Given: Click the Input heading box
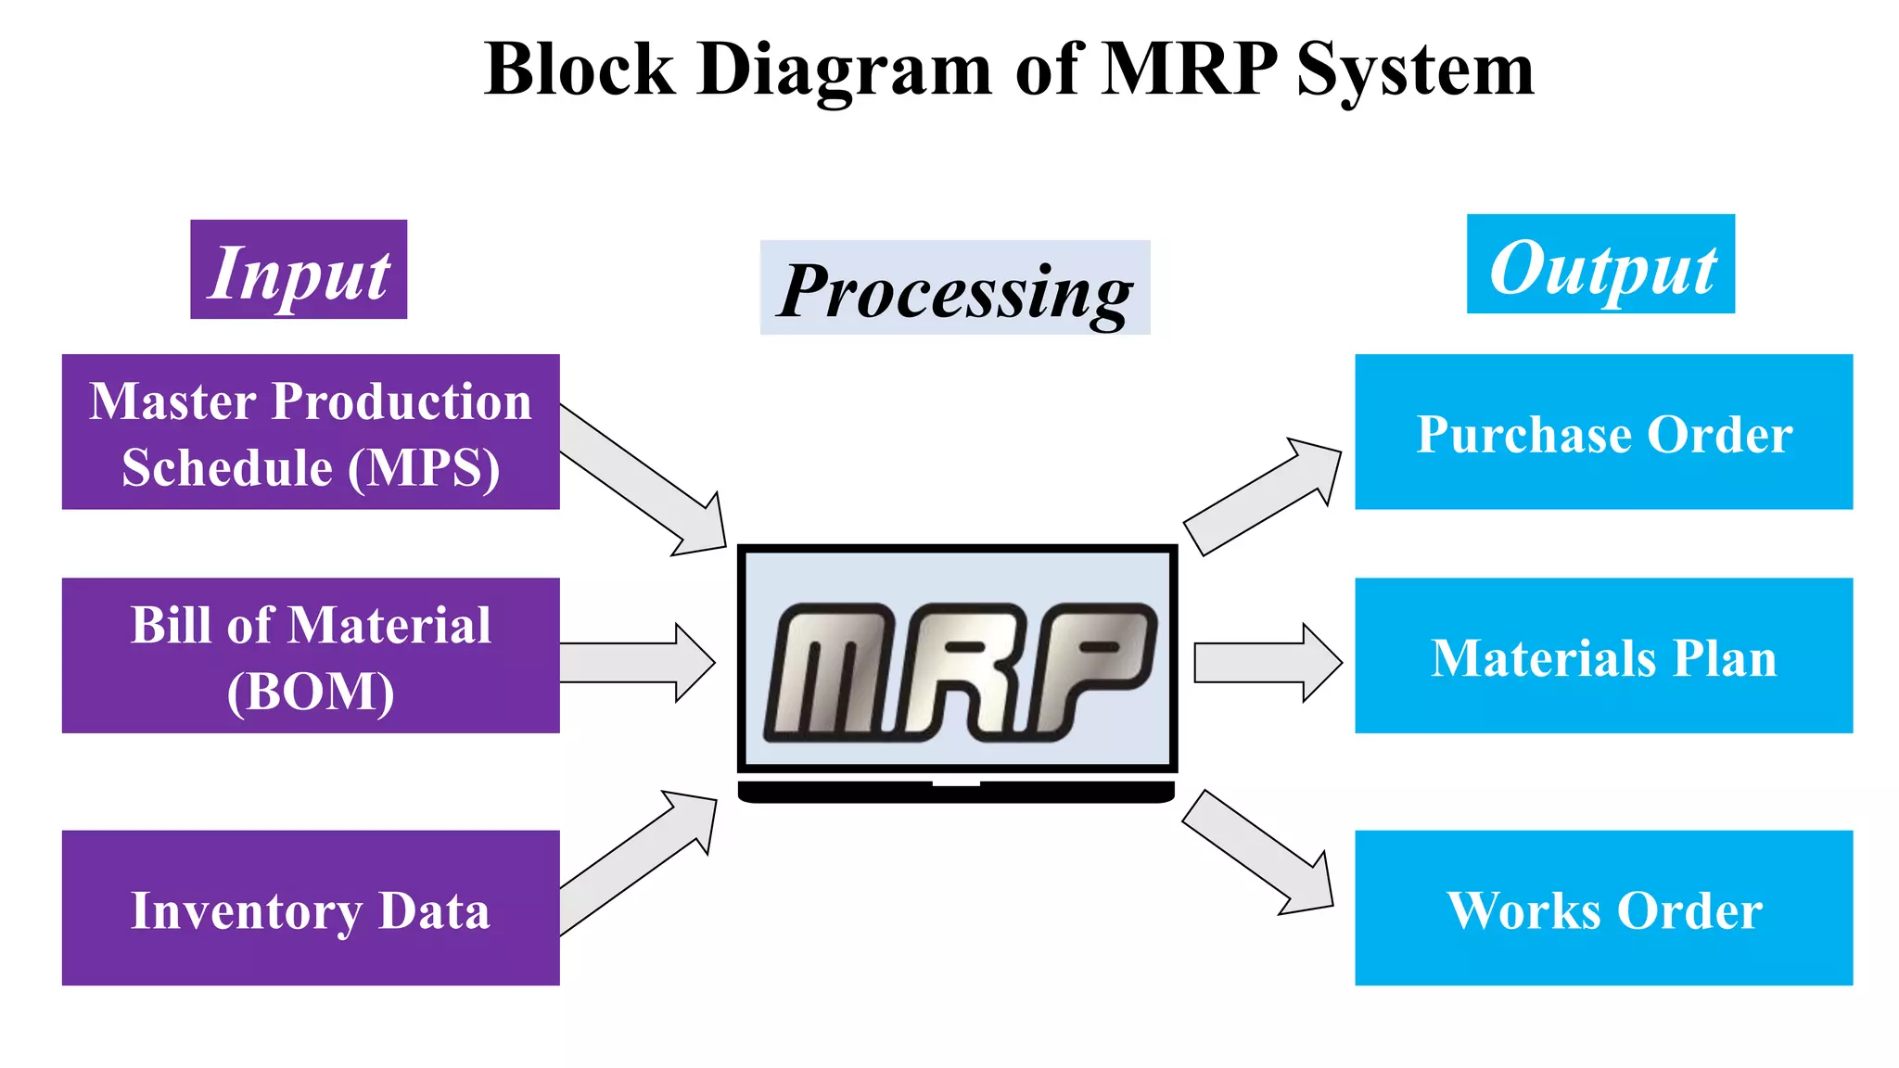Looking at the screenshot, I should tap(299, 270).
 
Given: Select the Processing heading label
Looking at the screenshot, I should tap(954, 288).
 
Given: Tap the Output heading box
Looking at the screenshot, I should tap(1600, 264).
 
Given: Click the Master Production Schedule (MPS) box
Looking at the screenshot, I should tap(311, 432).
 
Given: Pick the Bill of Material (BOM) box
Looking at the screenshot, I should tap(311, 656).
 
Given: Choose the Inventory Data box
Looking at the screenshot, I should tap(311, 909).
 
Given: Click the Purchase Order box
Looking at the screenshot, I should tap(1603, 432).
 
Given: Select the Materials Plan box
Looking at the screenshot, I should tap(1603, 656).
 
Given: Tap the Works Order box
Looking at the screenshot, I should tap(1603, 909).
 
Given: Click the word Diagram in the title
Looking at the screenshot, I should tap(844, 70).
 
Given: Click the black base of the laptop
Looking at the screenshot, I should tap(956, 793).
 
